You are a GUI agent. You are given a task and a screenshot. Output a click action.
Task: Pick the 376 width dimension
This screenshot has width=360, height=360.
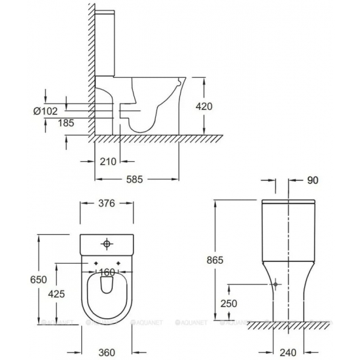[107, 204]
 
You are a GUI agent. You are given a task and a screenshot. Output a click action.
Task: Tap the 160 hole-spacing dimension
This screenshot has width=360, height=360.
[107, 271]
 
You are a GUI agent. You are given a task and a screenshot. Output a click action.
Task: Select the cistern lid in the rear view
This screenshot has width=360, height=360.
[289, 201]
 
